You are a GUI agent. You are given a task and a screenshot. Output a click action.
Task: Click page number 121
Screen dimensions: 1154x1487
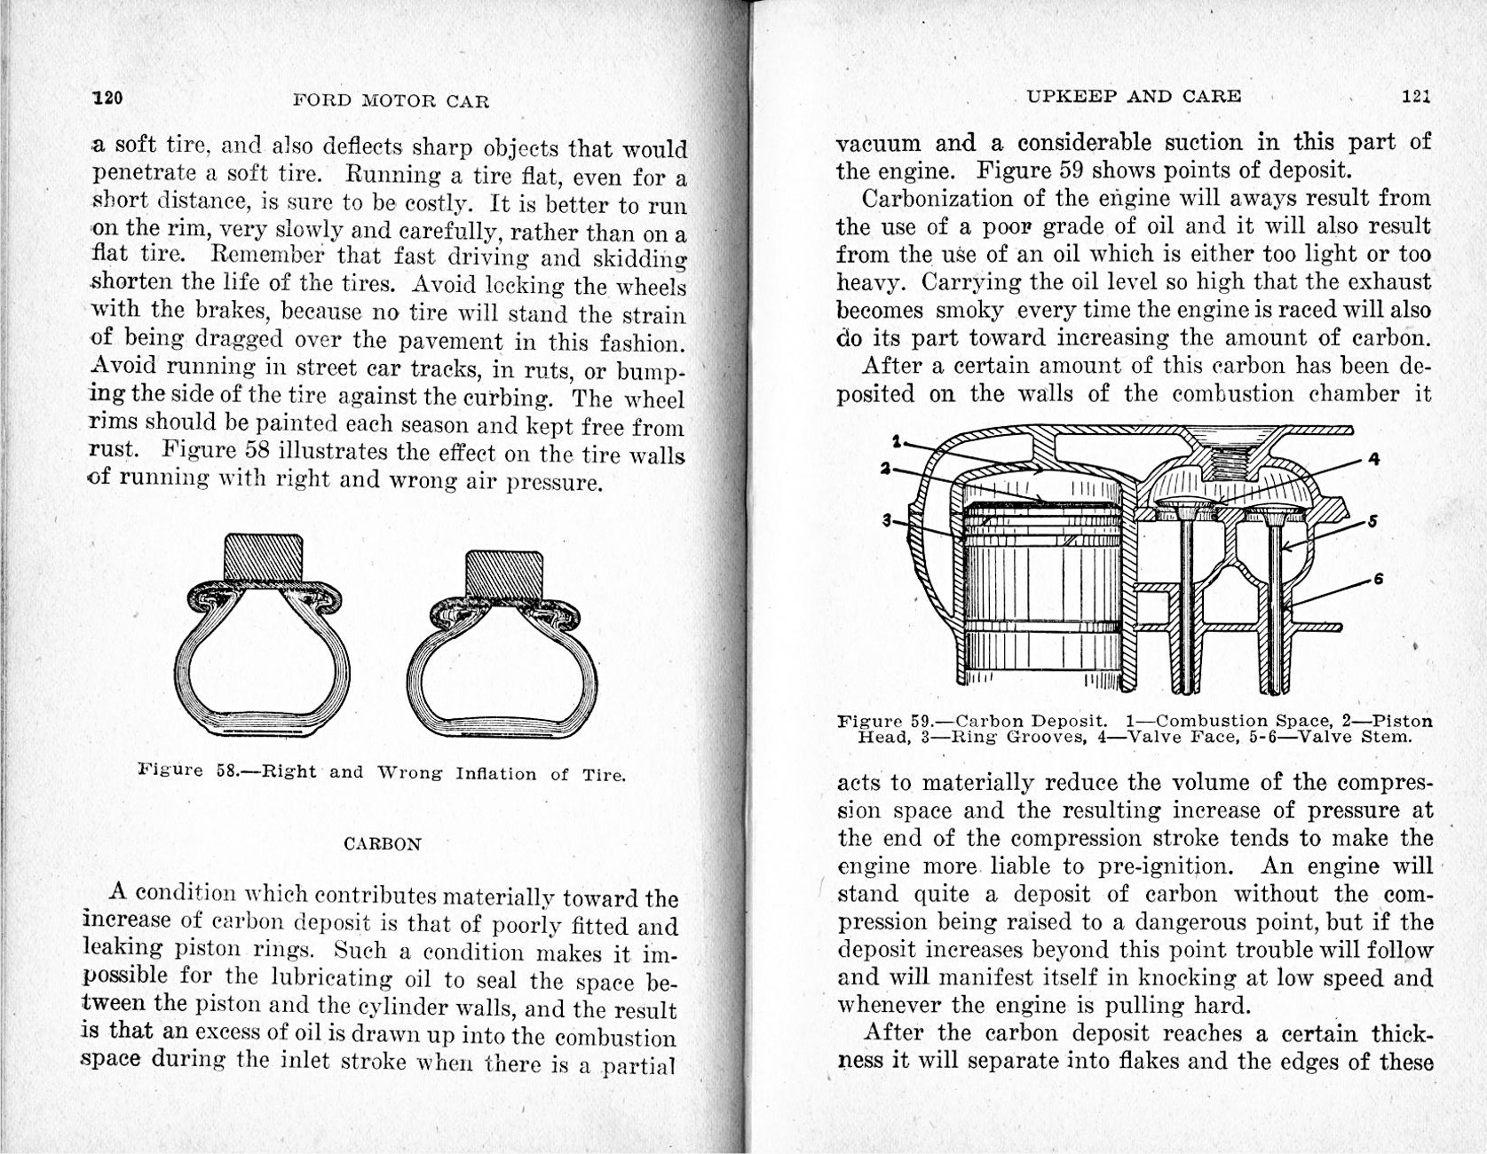1416,96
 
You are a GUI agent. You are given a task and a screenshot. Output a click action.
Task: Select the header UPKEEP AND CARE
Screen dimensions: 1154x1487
1134,96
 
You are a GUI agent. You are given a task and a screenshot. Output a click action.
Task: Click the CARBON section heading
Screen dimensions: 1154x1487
382,843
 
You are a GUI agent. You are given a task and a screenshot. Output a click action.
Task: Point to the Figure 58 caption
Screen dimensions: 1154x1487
382,772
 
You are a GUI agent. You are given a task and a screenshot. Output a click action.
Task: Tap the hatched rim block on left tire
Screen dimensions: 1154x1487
264,558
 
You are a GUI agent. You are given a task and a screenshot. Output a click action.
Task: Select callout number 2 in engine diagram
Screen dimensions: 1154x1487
885,468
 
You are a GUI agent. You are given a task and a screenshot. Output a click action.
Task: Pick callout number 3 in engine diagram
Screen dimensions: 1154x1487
886,520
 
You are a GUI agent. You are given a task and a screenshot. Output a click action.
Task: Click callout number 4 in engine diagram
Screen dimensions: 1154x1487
1373,459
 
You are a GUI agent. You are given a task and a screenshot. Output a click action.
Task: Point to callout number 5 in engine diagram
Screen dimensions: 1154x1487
1372,521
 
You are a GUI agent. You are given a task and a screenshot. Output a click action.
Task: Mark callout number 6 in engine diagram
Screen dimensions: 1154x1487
1378,579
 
